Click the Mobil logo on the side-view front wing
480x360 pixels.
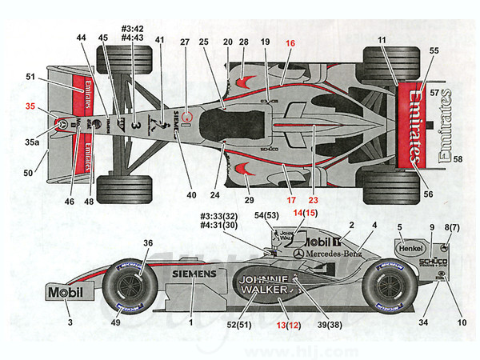65,292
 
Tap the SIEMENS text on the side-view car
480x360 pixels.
194,274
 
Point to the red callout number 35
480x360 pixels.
30,106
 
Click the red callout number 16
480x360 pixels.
290,42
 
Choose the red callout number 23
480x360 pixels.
313,200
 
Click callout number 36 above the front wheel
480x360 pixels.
147,243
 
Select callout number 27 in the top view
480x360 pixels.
185,42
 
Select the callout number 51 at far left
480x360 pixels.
30,77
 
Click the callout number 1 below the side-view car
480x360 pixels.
191,322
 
